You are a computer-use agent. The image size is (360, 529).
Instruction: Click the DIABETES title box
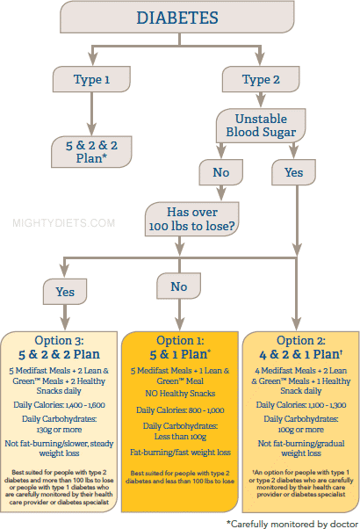[x=177, y=17]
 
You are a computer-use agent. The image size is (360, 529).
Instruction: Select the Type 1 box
[x=91, y=79]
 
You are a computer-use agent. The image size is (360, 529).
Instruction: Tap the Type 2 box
[x=261, y=79]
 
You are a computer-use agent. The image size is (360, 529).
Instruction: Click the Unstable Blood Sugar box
[x=261, y=125]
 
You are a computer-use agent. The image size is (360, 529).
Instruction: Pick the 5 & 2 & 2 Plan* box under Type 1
[x=91, y=151]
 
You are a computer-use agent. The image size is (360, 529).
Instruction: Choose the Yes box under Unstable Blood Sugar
[x=293, y=172]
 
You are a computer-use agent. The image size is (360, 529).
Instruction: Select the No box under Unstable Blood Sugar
[x=220, y=172]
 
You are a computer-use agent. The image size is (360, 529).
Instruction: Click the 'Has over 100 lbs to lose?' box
[x=191, y=219]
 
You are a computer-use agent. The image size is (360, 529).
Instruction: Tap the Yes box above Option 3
[x=65, y=292]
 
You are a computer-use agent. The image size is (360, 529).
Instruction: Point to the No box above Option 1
[x=178, y=286]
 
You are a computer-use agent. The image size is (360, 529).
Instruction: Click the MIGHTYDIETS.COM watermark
[x=64, y=223]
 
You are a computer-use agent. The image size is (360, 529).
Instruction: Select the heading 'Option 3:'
[x=59, y=340]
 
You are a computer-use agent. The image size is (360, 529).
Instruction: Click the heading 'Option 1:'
[x=180, y=340]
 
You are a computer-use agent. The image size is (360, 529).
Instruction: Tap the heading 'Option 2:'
[x=301, y=340]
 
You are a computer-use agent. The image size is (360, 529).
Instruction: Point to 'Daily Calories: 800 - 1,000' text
[x=180, y=410]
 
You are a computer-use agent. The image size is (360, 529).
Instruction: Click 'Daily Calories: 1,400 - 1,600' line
[x=59, y=405]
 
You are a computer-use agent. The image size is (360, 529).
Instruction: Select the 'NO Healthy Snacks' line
[x=180, y=394]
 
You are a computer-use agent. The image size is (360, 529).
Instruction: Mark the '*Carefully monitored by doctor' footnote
[x=292, y=524]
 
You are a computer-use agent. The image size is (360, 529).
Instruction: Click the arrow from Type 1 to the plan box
[x=91, y=114]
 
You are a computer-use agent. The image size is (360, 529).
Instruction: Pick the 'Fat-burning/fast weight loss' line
[x=180, y=452]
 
